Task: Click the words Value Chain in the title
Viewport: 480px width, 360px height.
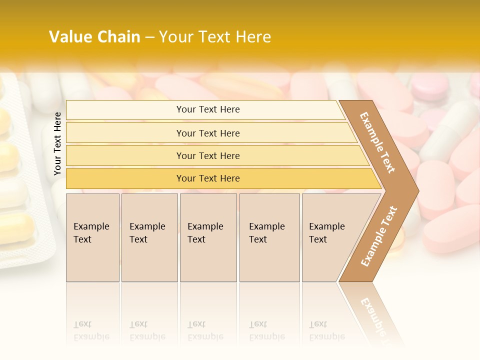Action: [x=94, y=37]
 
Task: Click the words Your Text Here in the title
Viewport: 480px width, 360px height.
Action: [x=215, y=37]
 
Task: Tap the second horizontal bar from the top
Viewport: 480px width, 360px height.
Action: [x=208, y=133]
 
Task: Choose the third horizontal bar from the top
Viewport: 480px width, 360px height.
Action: [x=208, y=155]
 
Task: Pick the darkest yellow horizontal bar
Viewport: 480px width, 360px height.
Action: [x=208, y=178]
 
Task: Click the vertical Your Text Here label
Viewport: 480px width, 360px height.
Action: [x=57, y=143]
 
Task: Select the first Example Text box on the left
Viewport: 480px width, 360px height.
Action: [x=92, y=237]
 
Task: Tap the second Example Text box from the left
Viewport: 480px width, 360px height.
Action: [x=149, y=237]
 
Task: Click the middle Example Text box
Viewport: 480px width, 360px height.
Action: [x=208, y=237]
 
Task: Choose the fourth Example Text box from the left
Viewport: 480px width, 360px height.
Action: [x=269, y=237]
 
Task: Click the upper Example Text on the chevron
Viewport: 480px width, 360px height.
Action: [x=377, y=142]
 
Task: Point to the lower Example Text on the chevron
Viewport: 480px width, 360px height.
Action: [x=379, y=236]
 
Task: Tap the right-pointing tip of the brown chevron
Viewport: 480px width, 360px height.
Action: [x=416, y=190]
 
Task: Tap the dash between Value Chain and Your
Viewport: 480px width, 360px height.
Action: [x=149, y=37]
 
